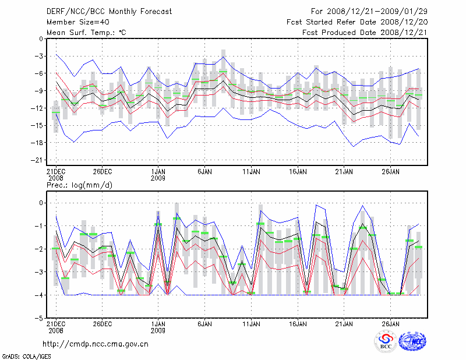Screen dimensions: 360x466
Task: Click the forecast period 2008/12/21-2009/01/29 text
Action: (x=369, y=12)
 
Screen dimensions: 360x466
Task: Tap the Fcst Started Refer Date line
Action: (x=357, y=22)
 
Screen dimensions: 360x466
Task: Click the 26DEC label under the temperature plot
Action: (x=102, y=172)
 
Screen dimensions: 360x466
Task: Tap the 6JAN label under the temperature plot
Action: (x=204, y=172)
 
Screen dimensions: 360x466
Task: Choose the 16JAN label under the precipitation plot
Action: (x=298, y=324)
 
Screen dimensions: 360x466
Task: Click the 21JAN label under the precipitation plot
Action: (x=344, y=324)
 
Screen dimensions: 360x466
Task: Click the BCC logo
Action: (x=385, y=341)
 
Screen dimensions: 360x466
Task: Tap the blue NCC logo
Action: (x=412, y=342)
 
